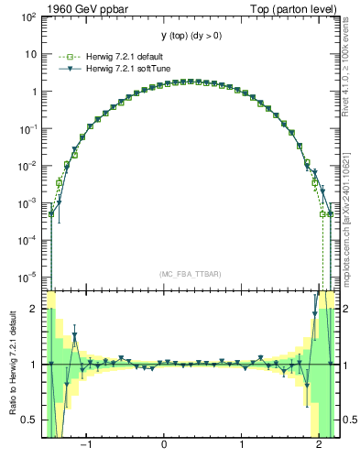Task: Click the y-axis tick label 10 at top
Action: tap(31, 53)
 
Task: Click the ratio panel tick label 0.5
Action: tap(30, 420)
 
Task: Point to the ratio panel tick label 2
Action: tap(34, 309)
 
